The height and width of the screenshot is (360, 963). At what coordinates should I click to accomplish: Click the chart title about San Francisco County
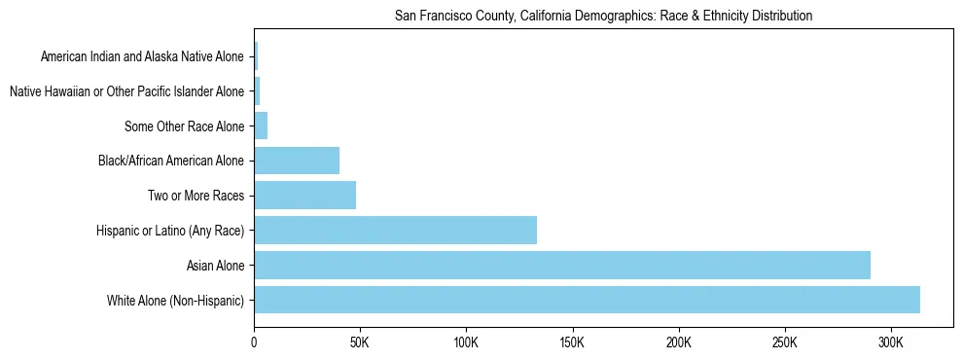(603, 16)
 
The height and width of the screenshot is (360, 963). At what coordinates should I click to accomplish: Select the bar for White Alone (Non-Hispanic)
(587, 300)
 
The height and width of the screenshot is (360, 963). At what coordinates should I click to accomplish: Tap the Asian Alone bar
(562, 265)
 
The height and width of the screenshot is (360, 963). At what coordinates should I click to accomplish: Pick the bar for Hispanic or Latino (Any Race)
(395, 231)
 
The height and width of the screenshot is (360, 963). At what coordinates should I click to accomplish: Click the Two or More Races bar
(304, 196)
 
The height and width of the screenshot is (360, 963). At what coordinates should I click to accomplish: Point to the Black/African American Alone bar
(297, 161)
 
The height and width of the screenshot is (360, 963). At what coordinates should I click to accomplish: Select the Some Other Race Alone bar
(261, 126)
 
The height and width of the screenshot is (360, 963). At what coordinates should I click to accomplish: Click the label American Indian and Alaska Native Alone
(142, 56)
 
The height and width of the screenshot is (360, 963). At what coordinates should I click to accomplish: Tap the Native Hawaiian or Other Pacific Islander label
(126, 91)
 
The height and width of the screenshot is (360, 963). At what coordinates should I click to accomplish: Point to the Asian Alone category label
(215, 265)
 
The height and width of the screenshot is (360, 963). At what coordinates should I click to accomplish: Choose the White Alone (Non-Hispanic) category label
(176, 300)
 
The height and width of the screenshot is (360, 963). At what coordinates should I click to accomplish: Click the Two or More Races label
(196, 196)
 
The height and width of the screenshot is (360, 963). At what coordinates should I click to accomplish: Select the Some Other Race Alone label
(185, 126)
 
